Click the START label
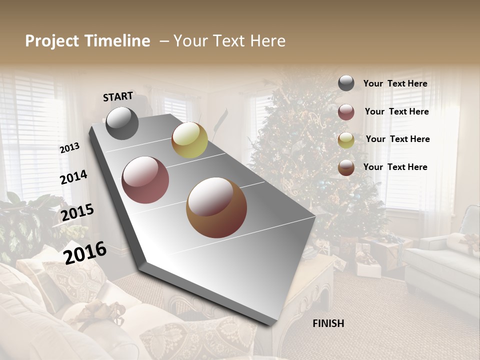118,96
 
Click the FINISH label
328,323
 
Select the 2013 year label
69,148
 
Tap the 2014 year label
73,177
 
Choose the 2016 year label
85,252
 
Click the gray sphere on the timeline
122,123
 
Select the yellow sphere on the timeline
189,140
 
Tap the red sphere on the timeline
145,180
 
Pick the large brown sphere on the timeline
216,207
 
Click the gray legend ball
346,83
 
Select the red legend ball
346,112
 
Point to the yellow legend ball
346,140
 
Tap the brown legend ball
346,167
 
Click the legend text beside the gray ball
395,83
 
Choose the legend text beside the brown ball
395,167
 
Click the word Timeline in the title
117,41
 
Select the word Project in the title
52,41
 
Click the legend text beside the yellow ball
397,139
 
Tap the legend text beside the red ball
396,111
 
